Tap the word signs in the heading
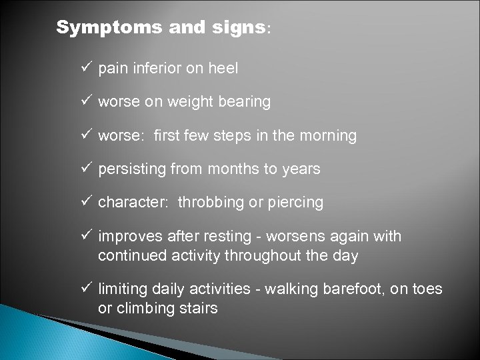point(231,28)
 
